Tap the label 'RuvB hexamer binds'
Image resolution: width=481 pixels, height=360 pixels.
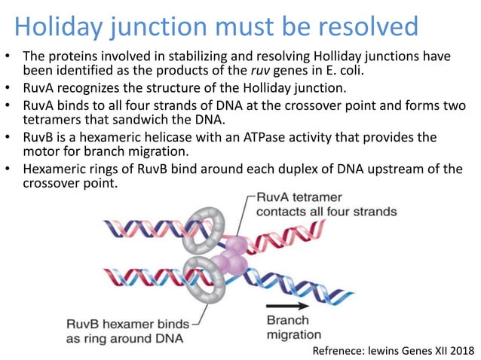pos(120,324)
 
